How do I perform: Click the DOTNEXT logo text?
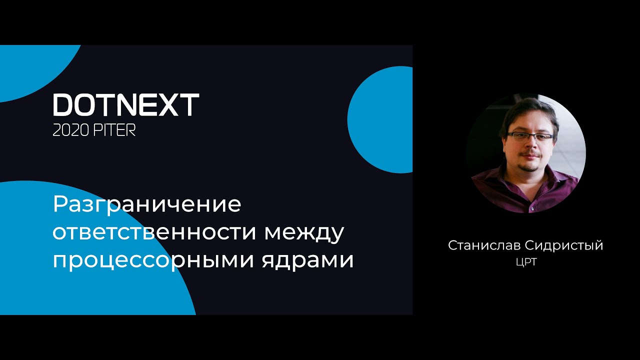point(126,104)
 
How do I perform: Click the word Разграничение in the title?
point(147,204)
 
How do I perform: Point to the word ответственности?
point(155,232)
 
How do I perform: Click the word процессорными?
point(153,261)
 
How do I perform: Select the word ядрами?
point(307,261)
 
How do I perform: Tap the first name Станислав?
point(483,245)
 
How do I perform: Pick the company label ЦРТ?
point(526,262)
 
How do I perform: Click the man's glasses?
point(530,136)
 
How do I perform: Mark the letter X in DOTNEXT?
point(168,104)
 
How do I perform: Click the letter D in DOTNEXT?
point(64,105)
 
